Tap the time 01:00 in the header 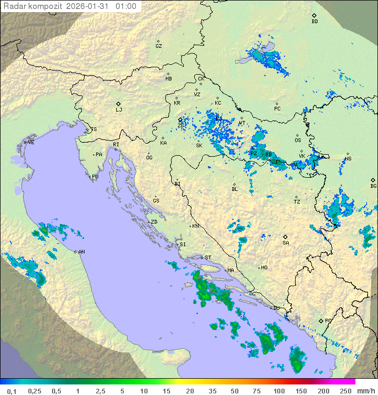pos(126,7)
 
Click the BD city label pos(314,22)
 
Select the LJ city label pos(119,110)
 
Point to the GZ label pos(159,46)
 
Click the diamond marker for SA pos(286,237)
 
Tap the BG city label pos(373,186)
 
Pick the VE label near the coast pos(31,143)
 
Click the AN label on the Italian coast pos(81,252)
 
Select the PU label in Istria pos(95,177)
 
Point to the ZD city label pos(154,222)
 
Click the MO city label pos(264,268)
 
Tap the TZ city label pos(297,202)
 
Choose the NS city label pos(348,159)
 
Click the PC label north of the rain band pos(277,109)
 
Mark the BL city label pos(235,189)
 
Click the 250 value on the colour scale pos(345,391)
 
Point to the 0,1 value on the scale pos(12,391)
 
